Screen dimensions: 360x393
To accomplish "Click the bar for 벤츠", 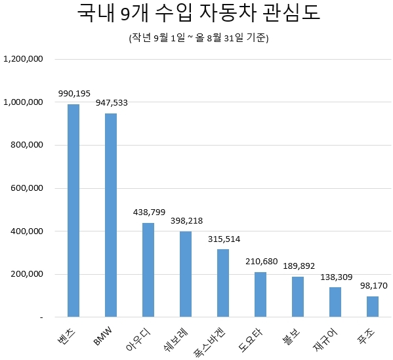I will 73,210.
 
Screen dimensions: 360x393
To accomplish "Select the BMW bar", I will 111,215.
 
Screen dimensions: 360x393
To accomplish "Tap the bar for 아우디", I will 148,270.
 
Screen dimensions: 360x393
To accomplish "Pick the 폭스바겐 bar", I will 223,283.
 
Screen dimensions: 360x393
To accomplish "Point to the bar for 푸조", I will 372,306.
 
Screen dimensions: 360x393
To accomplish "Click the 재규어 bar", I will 335,302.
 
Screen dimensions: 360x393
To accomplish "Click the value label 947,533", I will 111,104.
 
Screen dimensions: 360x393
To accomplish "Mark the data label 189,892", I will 298,267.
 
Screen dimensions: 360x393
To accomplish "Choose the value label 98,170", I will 372,287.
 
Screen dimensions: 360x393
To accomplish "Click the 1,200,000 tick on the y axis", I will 24,59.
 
